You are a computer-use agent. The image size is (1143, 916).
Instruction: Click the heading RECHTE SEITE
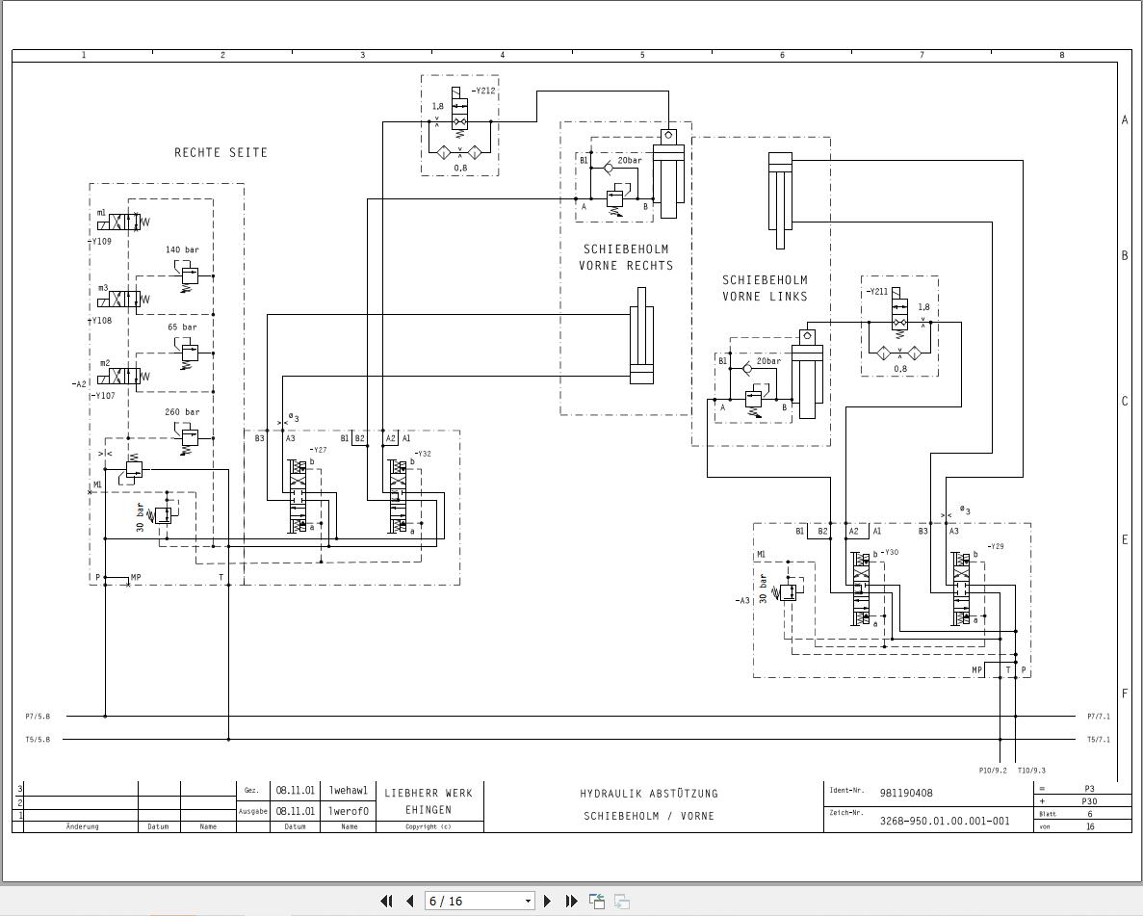pos(221,152)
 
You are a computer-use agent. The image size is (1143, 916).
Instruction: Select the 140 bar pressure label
pos(182,250)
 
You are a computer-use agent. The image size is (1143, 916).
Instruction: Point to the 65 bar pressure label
pos(182,327)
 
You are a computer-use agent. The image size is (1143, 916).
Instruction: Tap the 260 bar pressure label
pos(182,412)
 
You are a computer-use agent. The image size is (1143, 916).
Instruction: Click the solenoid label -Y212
pos(483,91)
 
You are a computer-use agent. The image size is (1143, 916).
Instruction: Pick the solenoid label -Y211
pos(876,291)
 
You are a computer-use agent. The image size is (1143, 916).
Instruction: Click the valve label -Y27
pos(318,450)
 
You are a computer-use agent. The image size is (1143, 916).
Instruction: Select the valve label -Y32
pos(423,454)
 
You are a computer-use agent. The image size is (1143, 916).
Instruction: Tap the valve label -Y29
pos(995,546)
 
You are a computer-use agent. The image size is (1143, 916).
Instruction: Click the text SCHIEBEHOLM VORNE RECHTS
pos(626,257)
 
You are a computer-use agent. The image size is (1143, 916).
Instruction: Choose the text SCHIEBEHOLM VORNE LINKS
pos(765,288)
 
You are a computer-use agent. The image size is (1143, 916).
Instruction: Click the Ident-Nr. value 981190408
pos(906,794)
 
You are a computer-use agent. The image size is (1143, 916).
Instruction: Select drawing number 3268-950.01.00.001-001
pos(944,822)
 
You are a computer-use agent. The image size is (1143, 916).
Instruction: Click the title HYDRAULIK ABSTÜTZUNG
pos(649,794)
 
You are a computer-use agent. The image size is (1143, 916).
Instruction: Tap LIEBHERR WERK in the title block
pos(429,793)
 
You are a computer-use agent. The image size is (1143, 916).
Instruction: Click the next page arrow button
pos(547,901)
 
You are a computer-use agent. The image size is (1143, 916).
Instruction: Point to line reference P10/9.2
pos(992,770)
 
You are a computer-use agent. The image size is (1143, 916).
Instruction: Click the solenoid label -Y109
pos(101,242)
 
